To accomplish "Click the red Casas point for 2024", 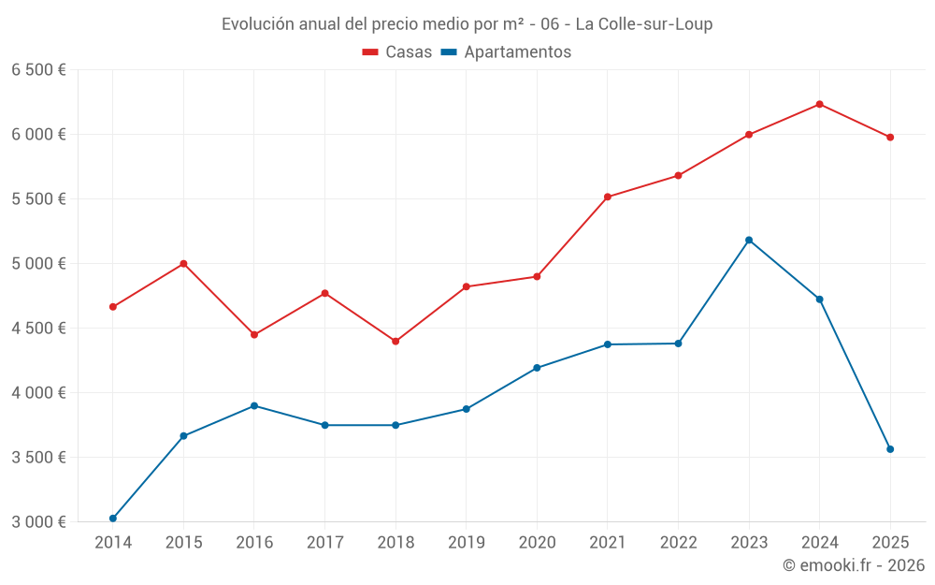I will (x=820, y=104).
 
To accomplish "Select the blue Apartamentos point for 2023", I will (x=749, y=241).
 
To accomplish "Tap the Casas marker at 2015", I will (x=183, y=263).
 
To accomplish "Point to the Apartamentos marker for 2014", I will (x=113, y=519).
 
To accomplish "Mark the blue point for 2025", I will (x=890, y=449).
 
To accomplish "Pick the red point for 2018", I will (x=396, y=341).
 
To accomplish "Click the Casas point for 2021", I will (x=608, y=197).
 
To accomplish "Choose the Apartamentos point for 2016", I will (x=254, y=406).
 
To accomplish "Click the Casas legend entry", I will (x=397, y=52).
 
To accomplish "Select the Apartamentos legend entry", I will (x=506, y=52).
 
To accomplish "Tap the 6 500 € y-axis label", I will (x=38, y=70).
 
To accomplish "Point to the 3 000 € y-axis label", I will (x=38, y=522).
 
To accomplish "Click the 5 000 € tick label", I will (x=38, y=264).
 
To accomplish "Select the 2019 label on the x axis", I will (x=467, y=543).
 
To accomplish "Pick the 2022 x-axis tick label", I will (x=678, y=543).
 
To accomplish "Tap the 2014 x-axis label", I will (x=113, y=543).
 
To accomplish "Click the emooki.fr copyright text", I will (x=854, y=565).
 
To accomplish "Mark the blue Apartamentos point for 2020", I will (x=537, y=368).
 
